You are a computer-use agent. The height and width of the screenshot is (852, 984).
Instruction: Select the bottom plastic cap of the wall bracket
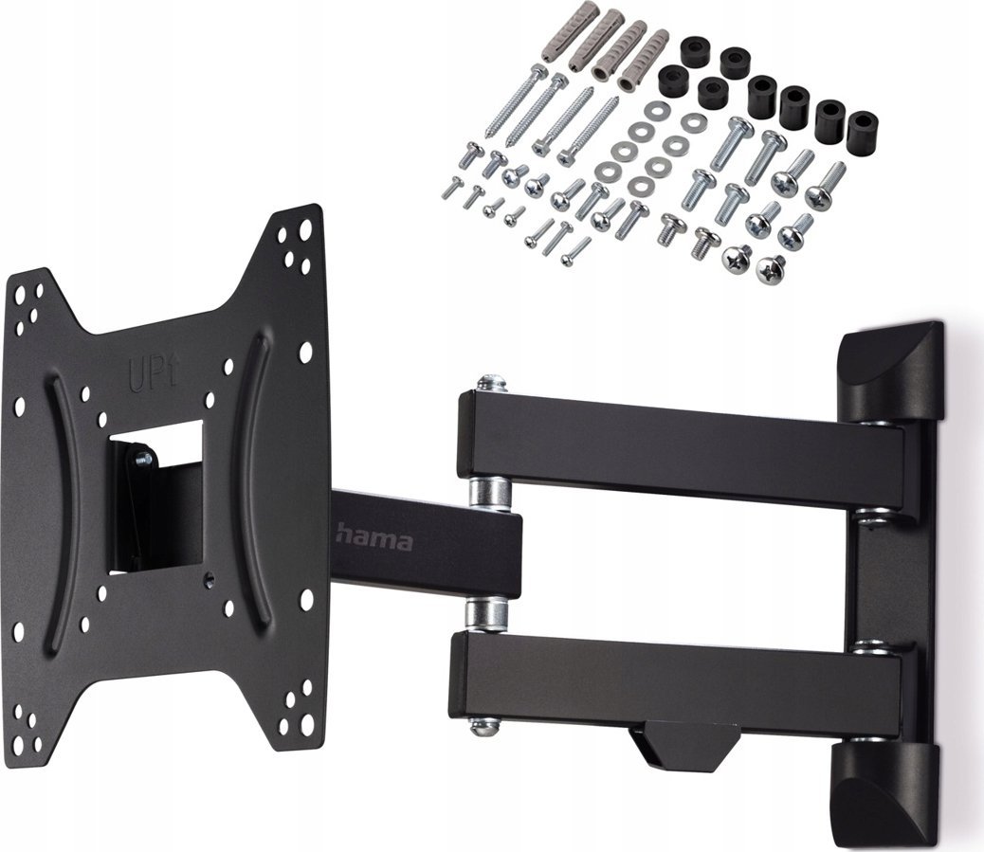884,791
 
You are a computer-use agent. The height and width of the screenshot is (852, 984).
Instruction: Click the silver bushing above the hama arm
490,490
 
